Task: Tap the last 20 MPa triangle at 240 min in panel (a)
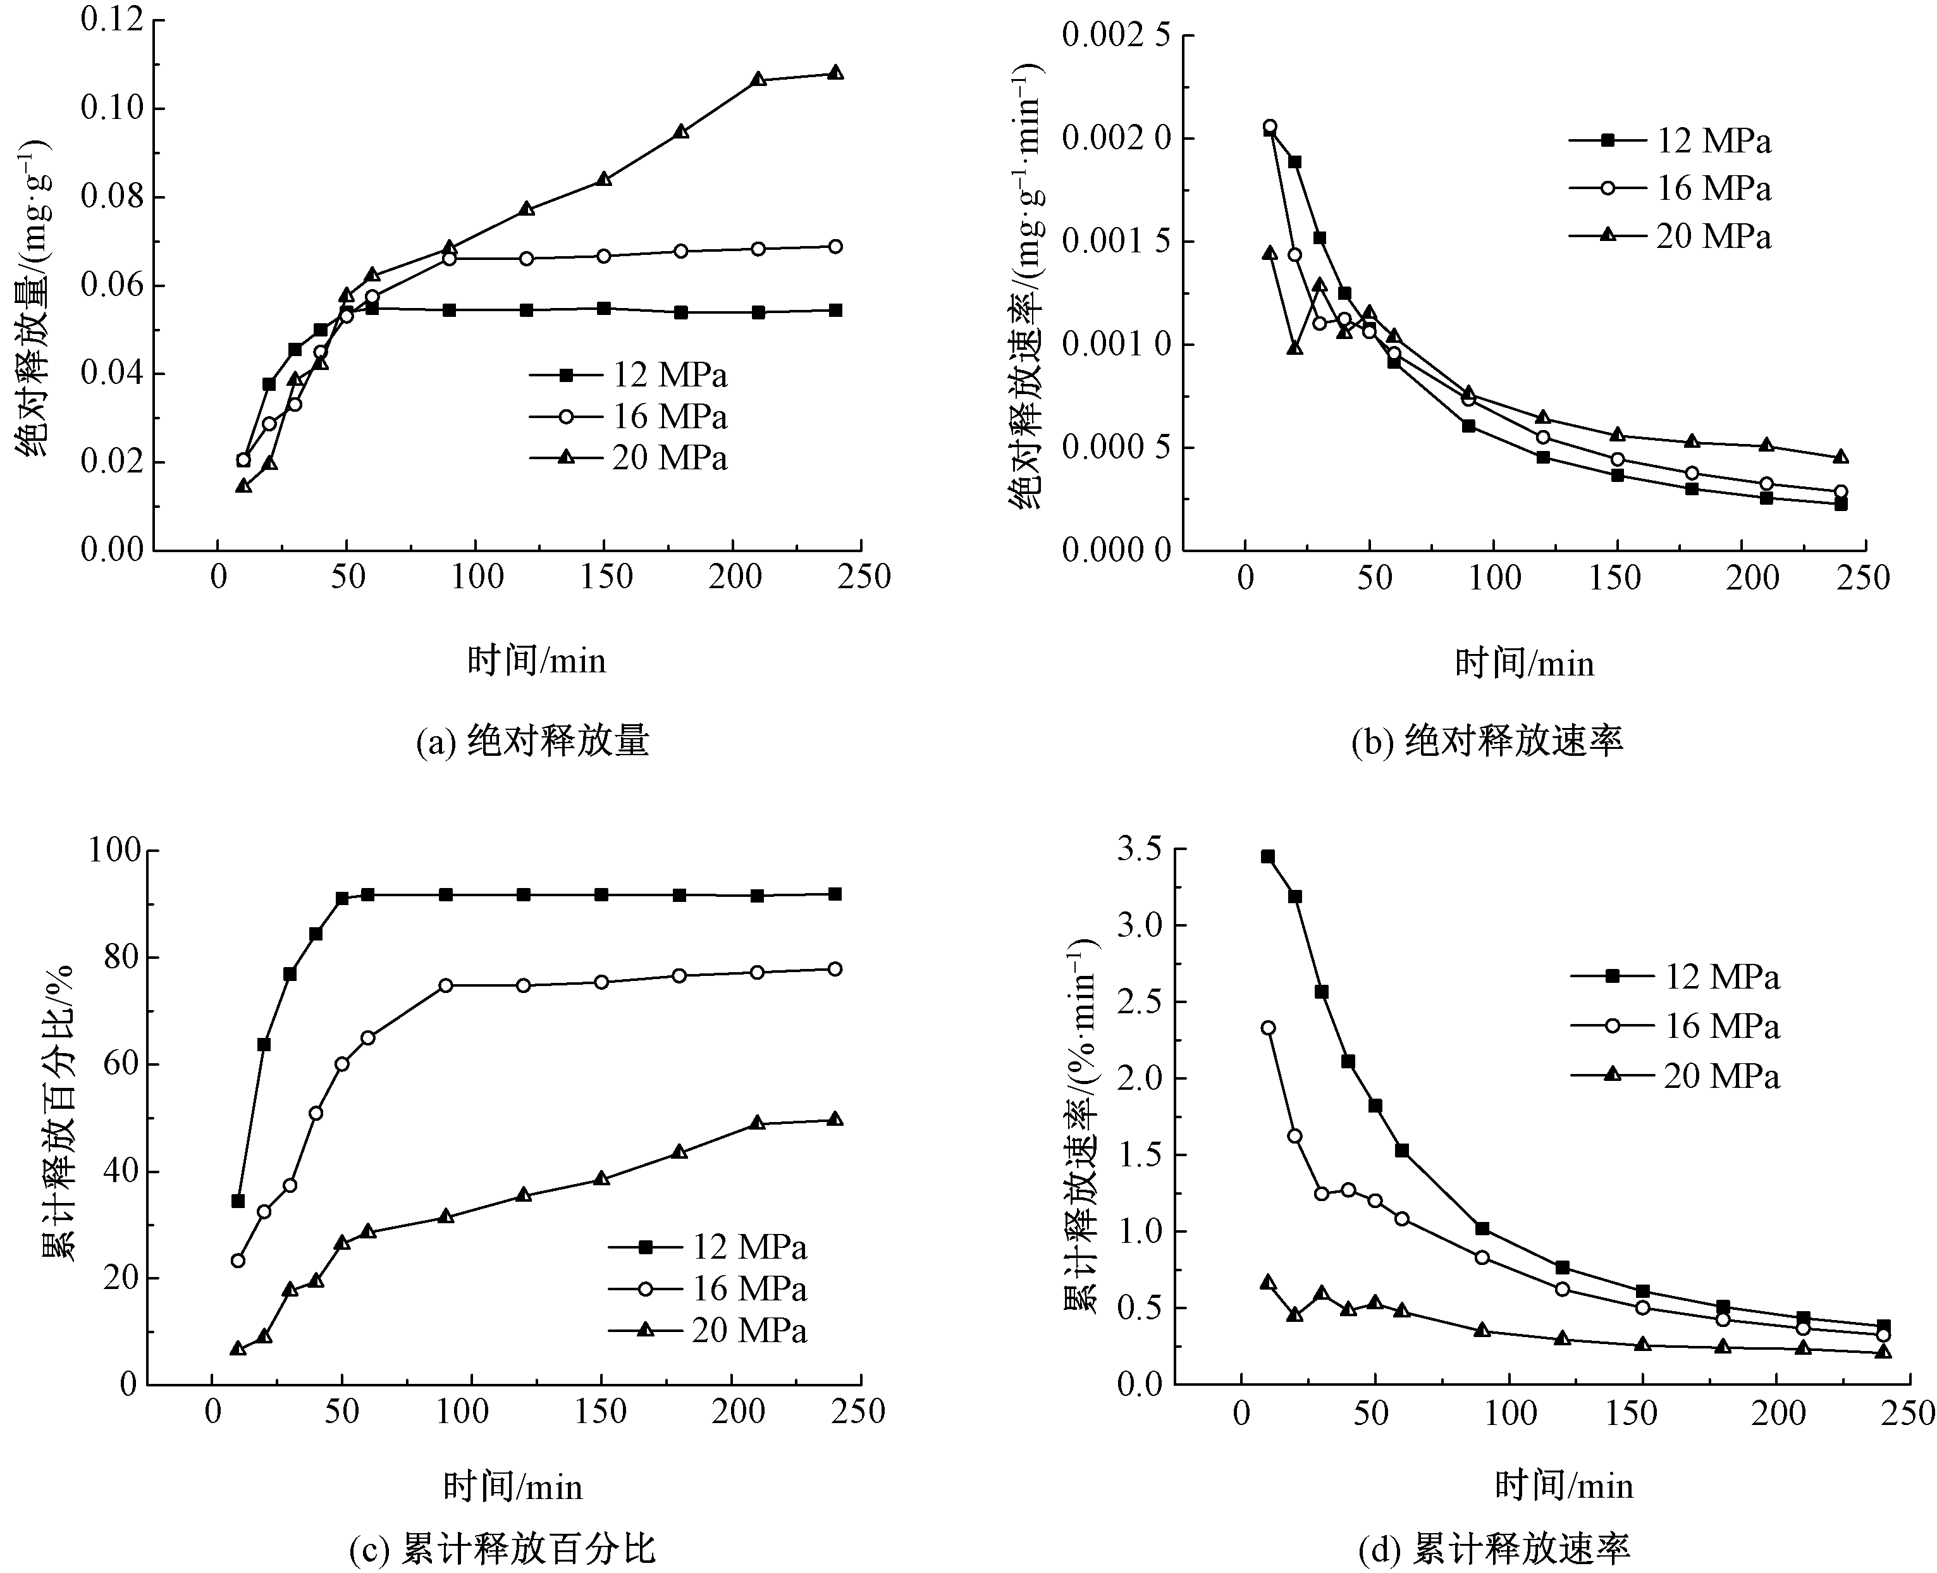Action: [x=835, y=73]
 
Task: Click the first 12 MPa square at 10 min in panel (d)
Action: [x=1267, y=856]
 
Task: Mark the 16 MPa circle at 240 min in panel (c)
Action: [x=834, y=968]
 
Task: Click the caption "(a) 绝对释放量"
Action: [x=532, y=741]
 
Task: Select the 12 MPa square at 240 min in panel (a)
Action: [x=835, y=310]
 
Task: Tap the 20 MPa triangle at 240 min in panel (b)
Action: [x=1840, y=457]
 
